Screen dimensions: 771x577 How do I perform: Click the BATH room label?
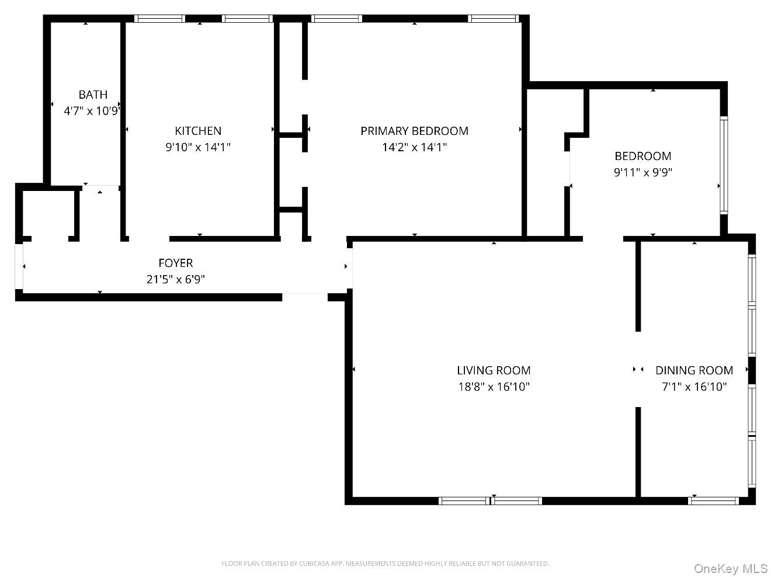pos(93,95)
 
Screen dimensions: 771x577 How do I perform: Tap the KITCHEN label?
pos(198,131)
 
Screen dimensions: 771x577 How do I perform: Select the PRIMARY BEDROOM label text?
pos(414,131)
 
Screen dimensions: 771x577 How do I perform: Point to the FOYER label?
pos(175,263)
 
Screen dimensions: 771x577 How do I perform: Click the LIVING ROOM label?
pos(493,370)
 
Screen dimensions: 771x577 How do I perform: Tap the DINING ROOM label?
pos(694,370)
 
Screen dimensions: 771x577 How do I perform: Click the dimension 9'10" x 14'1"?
pos(198,147)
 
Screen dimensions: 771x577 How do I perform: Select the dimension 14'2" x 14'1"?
pos(414,147)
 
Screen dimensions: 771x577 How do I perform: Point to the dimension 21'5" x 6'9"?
pos(175,279)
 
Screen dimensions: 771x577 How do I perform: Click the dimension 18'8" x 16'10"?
pos(493,386)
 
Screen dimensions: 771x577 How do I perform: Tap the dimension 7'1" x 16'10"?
pos(694,386)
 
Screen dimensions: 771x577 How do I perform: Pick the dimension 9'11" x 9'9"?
pos(642,172)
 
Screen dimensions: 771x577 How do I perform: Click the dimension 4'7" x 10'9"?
pos(92,110)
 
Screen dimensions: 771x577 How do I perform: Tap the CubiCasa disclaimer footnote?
pos(385,564)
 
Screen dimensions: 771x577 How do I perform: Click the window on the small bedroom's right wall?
pos(724,165)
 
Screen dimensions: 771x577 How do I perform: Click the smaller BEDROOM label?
pos(642,155)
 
